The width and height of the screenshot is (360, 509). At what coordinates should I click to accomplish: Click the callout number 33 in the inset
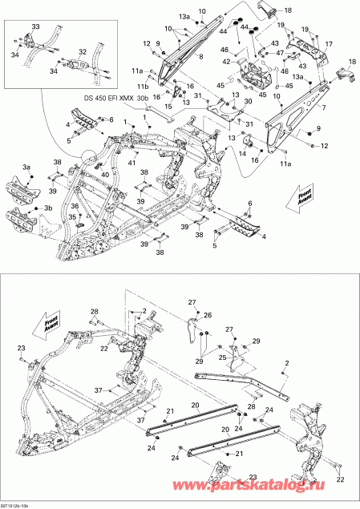34,27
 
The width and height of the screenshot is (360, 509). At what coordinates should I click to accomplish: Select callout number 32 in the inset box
82,51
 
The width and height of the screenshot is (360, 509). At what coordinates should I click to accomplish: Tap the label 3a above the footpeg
26,167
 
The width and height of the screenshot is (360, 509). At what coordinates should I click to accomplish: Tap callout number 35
72,216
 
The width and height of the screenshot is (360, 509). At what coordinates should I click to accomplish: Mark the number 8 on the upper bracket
200,56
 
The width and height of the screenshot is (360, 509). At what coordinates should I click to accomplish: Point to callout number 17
327,45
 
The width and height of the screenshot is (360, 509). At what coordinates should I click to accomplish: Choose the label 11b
142,86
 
